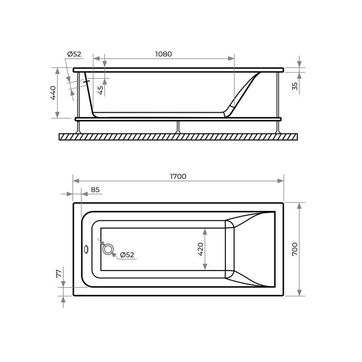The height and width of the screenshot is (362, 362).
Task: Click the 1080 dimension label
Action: pos(163,54)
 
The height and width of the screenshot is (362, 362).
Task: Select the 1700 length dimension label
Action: pos(178,176)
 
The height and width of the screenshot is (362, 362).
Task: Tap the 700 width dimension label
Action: pos(295,249)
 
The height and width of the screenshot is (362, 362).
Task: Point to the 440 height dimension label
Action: pos(53,93)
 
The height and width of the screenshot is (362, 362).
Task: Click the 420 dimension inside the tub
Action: pos(200,249)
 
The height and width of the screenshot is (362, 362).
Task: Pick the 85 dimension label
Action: pos(95,190)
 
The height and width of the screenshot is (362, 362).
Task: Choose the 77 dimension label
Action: pos(59,273)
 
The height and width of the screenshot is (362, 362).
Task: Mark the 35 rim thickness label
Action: pos(295,86)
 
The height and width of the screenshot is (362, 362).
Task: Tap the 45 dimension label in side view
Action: pos(100,90)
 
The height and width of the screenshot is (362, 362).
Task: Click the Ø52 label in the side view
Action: pos(74,54)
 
